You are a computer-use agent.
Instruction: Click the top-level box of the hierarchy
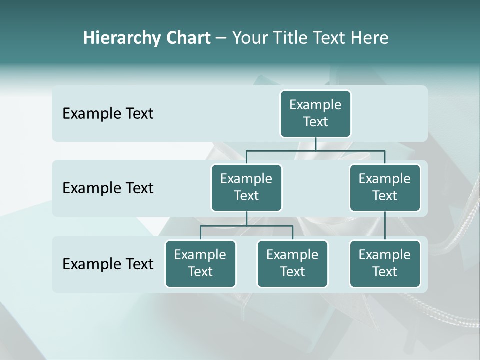coord(315,113)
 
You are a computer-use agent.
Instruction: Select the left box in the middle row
coord(246,187)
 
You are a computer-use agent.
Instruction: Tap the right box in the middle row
coord(385,187)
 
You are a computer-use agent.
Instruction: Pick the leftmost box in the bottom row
coord(200,263)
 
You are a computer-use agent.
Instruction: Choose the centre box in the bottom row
coord(292,263)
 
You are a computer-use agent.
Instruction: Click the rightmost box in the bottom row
coord(385,263)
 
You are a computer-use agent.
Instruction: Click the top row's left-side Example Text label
coord(108,114)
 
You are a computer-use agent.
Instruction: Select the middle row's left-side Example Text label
coord(108,188)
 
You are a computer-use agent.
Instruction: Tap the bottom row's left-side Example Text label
coord(108,264)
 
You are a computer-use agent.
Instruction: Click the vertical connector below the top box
coord(315,143)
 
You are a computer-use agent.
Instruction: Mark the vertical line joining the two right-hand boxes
coord(385,226)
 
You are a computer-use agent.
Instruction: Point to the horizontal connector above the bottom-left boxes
coord(246,226)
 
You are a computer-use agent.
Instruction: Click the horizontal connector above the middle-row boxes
coord(315,150)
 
